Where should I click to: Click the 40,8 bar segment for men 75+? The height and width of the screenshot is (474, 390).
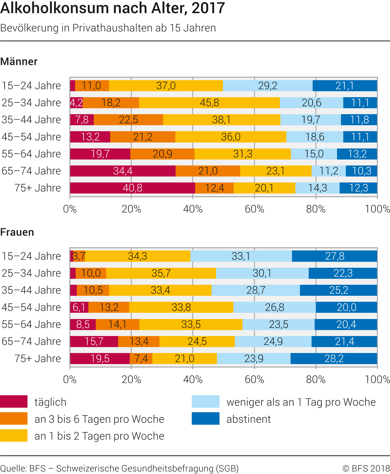pos(133,188)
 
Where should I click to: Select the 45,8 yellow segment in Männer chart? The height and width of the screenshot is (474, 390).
pos(209,103)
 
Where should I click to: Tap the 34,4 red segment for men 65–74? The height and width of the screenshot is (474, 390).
pos(123,171)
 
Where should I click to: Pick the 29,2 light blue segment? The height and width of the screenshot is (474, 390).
pos(268,86)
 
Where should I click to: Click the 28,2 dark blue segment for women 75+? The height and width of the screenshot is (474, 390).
pos(334,358)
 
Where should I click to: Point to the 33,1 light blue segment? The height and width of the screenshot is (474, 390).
pos(241,256)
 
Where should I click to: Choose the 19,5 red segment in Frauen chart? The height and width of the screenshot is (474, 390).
pos(100,358)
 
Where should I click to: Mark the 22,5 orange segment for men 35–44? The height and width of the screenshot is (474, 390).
pos(128,120)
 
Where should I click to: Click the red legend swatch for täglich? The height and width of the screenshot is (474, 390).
pos(14,401)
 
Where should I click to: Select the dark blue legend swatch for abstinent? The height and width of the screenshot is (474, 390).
pos(205,418)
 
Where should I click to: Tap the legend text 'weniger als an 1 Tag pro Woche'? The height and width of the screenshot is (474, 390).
pos(301,402)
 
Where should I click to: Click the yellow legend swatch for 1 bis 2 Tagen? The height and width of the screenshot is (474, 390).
pos(14,435)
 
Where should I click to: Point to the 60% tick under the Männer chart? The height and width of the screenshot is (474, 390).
pos(254,209)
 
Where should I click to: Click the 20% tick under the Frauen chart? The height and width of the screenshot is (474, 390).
pos(131,379)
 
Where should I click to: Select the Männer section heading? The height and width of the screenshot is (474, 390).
pos(19,61)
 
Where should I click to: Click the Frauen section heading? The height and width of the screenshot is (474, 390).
pos(17,232)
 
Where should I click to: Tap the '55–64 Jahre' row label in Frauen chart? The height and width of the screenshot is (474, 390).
pos(31,324)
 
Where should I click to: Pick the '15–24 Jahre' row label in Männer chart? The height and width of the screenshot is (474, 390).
pos(31,86)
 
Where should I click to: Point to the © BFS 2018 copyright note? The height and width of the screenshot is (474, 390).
pos(366,468)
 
